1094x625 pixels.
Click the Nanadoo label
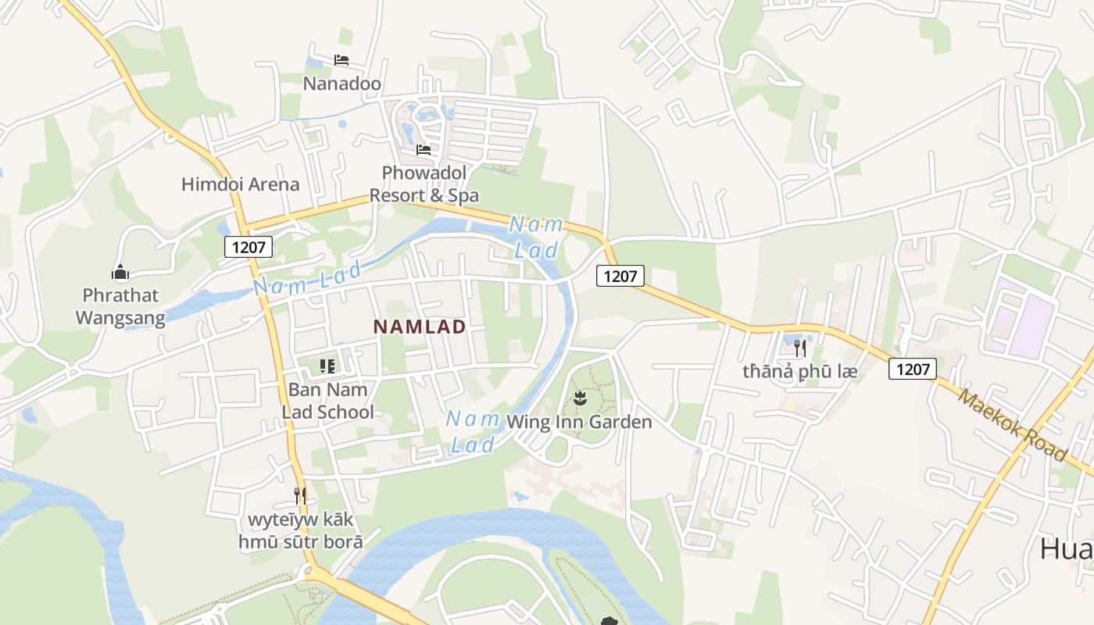click(x=341, y=84)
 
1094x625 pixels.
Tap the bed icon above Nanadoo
click(x=341, y=60)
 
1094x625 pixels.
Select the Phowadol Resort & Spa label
click(x=424, y=184)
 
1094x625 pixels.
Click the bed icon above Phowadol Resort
click(x=424, y=149)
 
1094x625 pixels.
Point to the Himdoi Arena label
click(x=240, y=184)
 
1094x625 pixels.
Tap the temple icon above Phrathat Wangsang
click(x=120, y=272)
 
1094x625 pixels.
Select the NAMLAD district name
click(x=420, y=327)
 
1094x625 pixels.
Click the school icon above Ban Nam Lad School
click(x=327, y=366)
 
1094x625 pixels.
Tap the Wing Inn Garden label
click(x=579, y=423)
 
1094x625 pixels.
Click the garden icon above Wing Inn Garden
click(x=579, y=399)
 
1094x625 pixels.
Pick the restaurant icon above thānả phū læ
click(x=799, y=348)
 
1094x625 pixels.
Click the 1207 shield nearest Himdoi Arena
click(x=248, y=248)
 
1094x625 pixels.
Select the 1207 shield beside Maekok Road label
click(x=912, y=369)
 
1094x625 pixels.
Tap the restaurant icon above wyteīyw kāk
click(x=299, y=495)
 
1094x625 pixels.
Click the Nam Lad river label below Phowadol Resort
click(x=536, y=237)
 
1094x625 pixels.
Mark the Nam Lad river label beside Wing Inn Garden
click(x=473, y=431)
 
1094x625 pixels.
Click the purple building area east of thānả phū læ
click(x=1030, y=325)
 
